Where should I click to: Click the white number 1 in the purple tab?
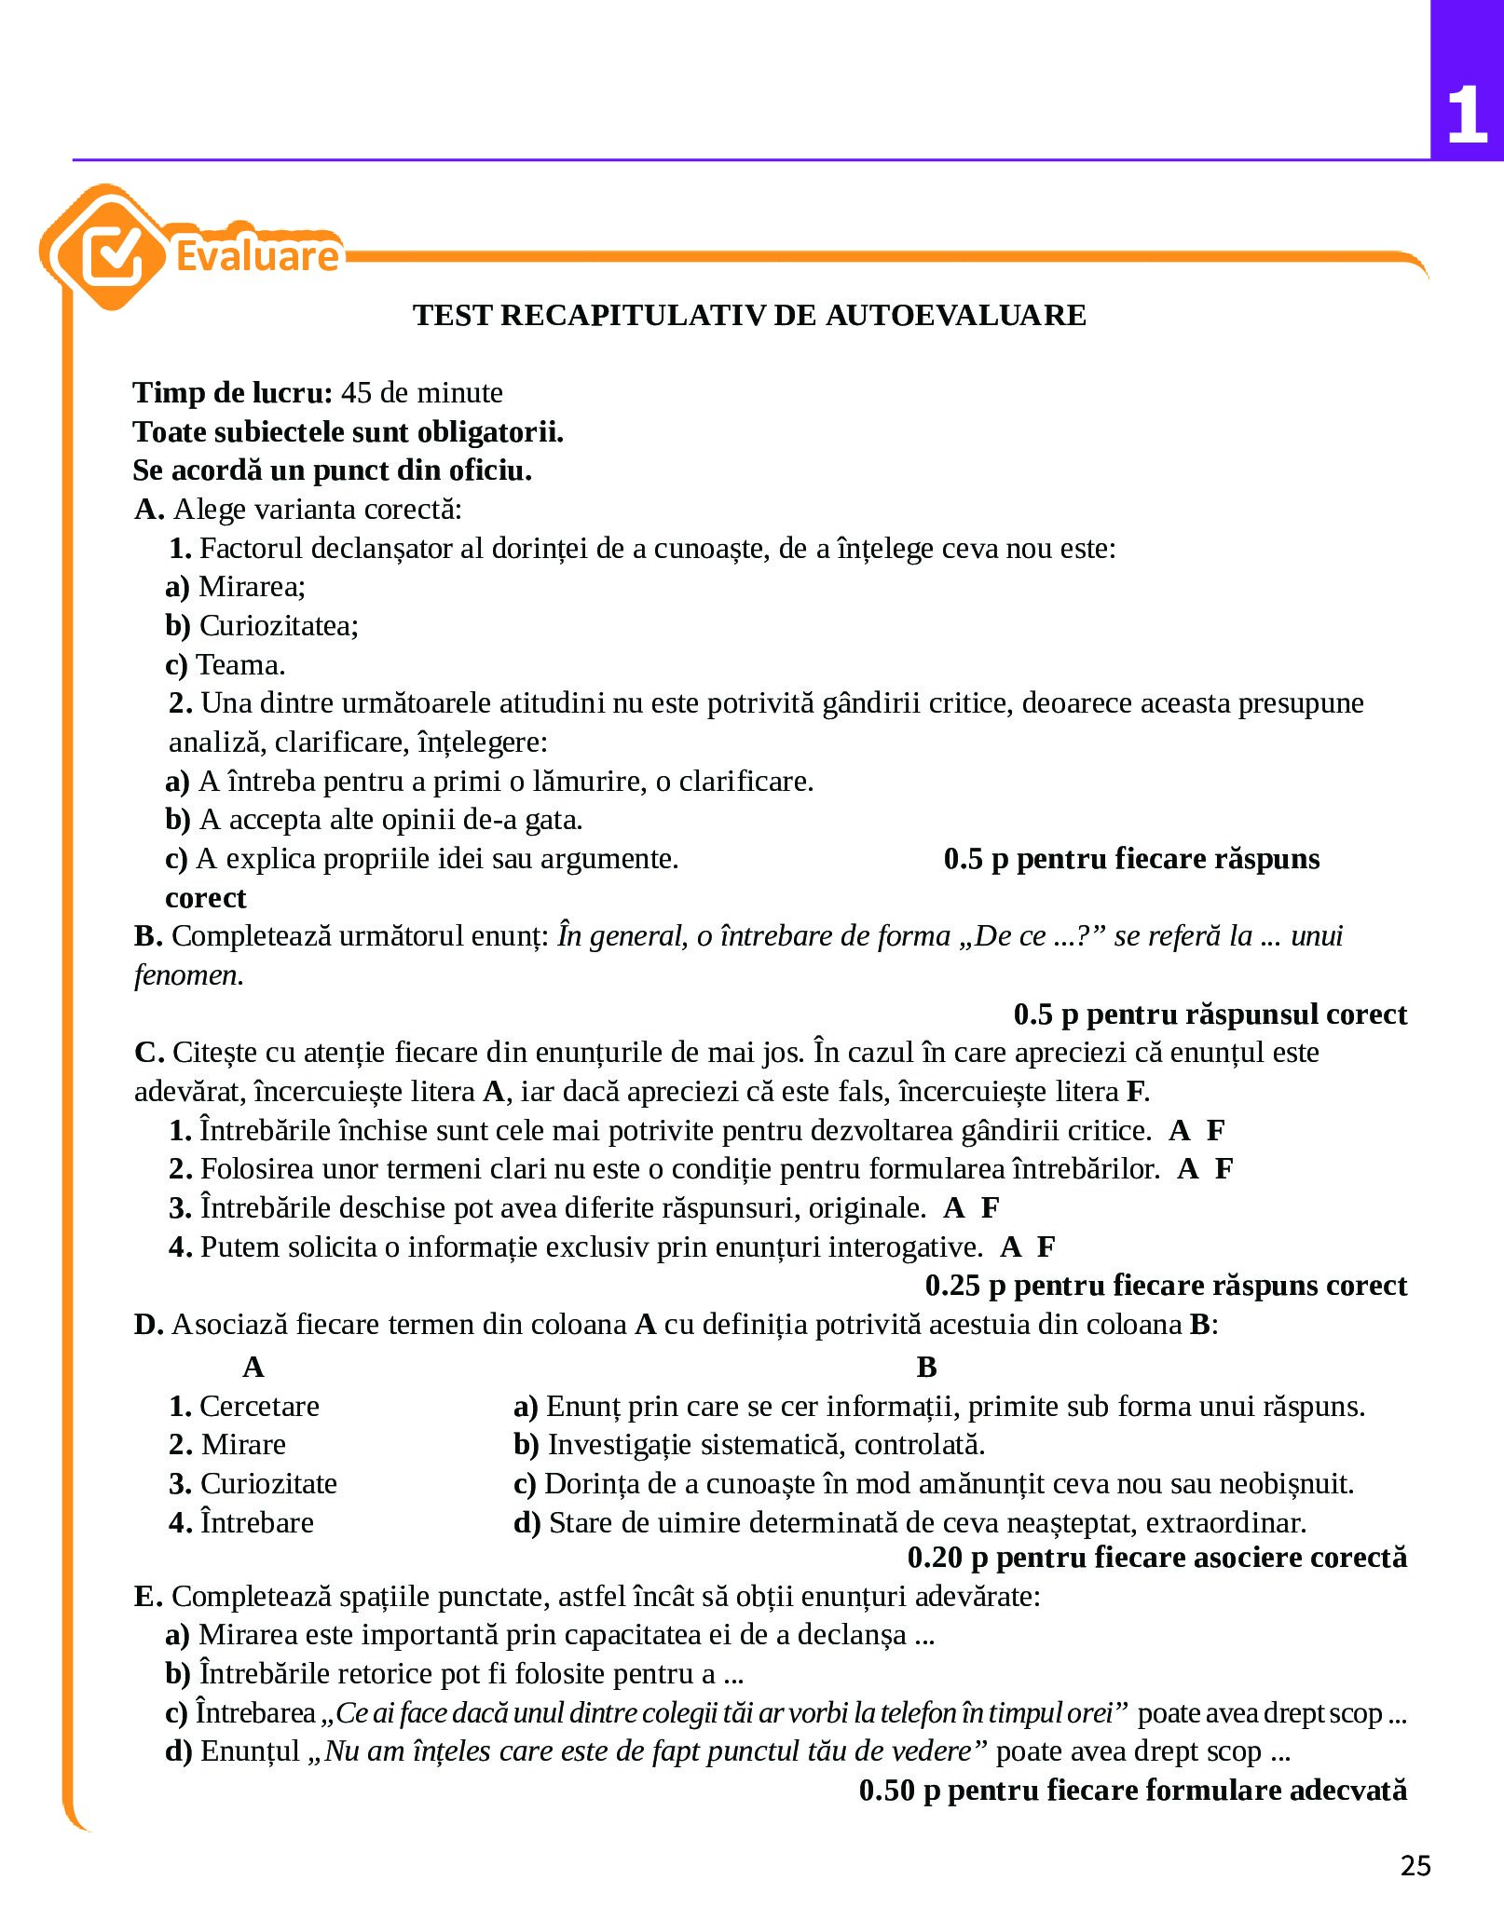pyautogui.click(x=1467, y=116)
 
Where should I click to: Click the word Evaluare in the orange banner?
pyautogui.click(x=257, y=256)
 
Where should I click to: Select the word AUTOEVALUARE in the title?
pyautogui.click(x=955, y=315)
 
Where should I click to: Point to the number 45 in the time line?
pyautogui.click(x=356, y=392)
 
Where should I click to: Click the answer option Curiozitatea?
pyautogui.click(x=278, y=625)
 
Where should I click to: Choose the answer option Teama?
pyautogui.click(x=239, y=664)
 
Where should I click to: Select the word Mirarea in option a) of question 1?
pyautogui.click(x=252, y=586)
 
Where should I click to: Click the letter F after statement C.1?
pyautogui.click(x=1215, y=1130)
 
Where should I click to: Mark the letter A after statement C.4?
pyautogui.click(x=1010, y=1246)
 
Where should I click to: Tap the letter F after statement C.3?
pyautogui.click(x=990, y=1207)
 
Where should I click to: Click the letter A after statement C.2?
pyautogui.click(x=1187, y=1168)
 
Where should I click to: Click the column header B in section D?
pyautogui.click(x=926, y=1367)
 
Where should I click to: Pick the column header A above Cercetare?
pyautogui.click(x=253, y=1367)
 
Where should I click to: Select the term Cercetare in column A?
pyautogui.click(x=259, y=1406)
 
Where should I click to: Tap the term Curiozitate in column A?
pyautogui.click(x=268, y=1483)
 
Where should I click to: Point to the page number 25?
pyautogui.click(x=1415, y=1865)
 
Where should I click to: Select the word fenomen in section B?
pyautogui.click(x=188, y=974)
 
